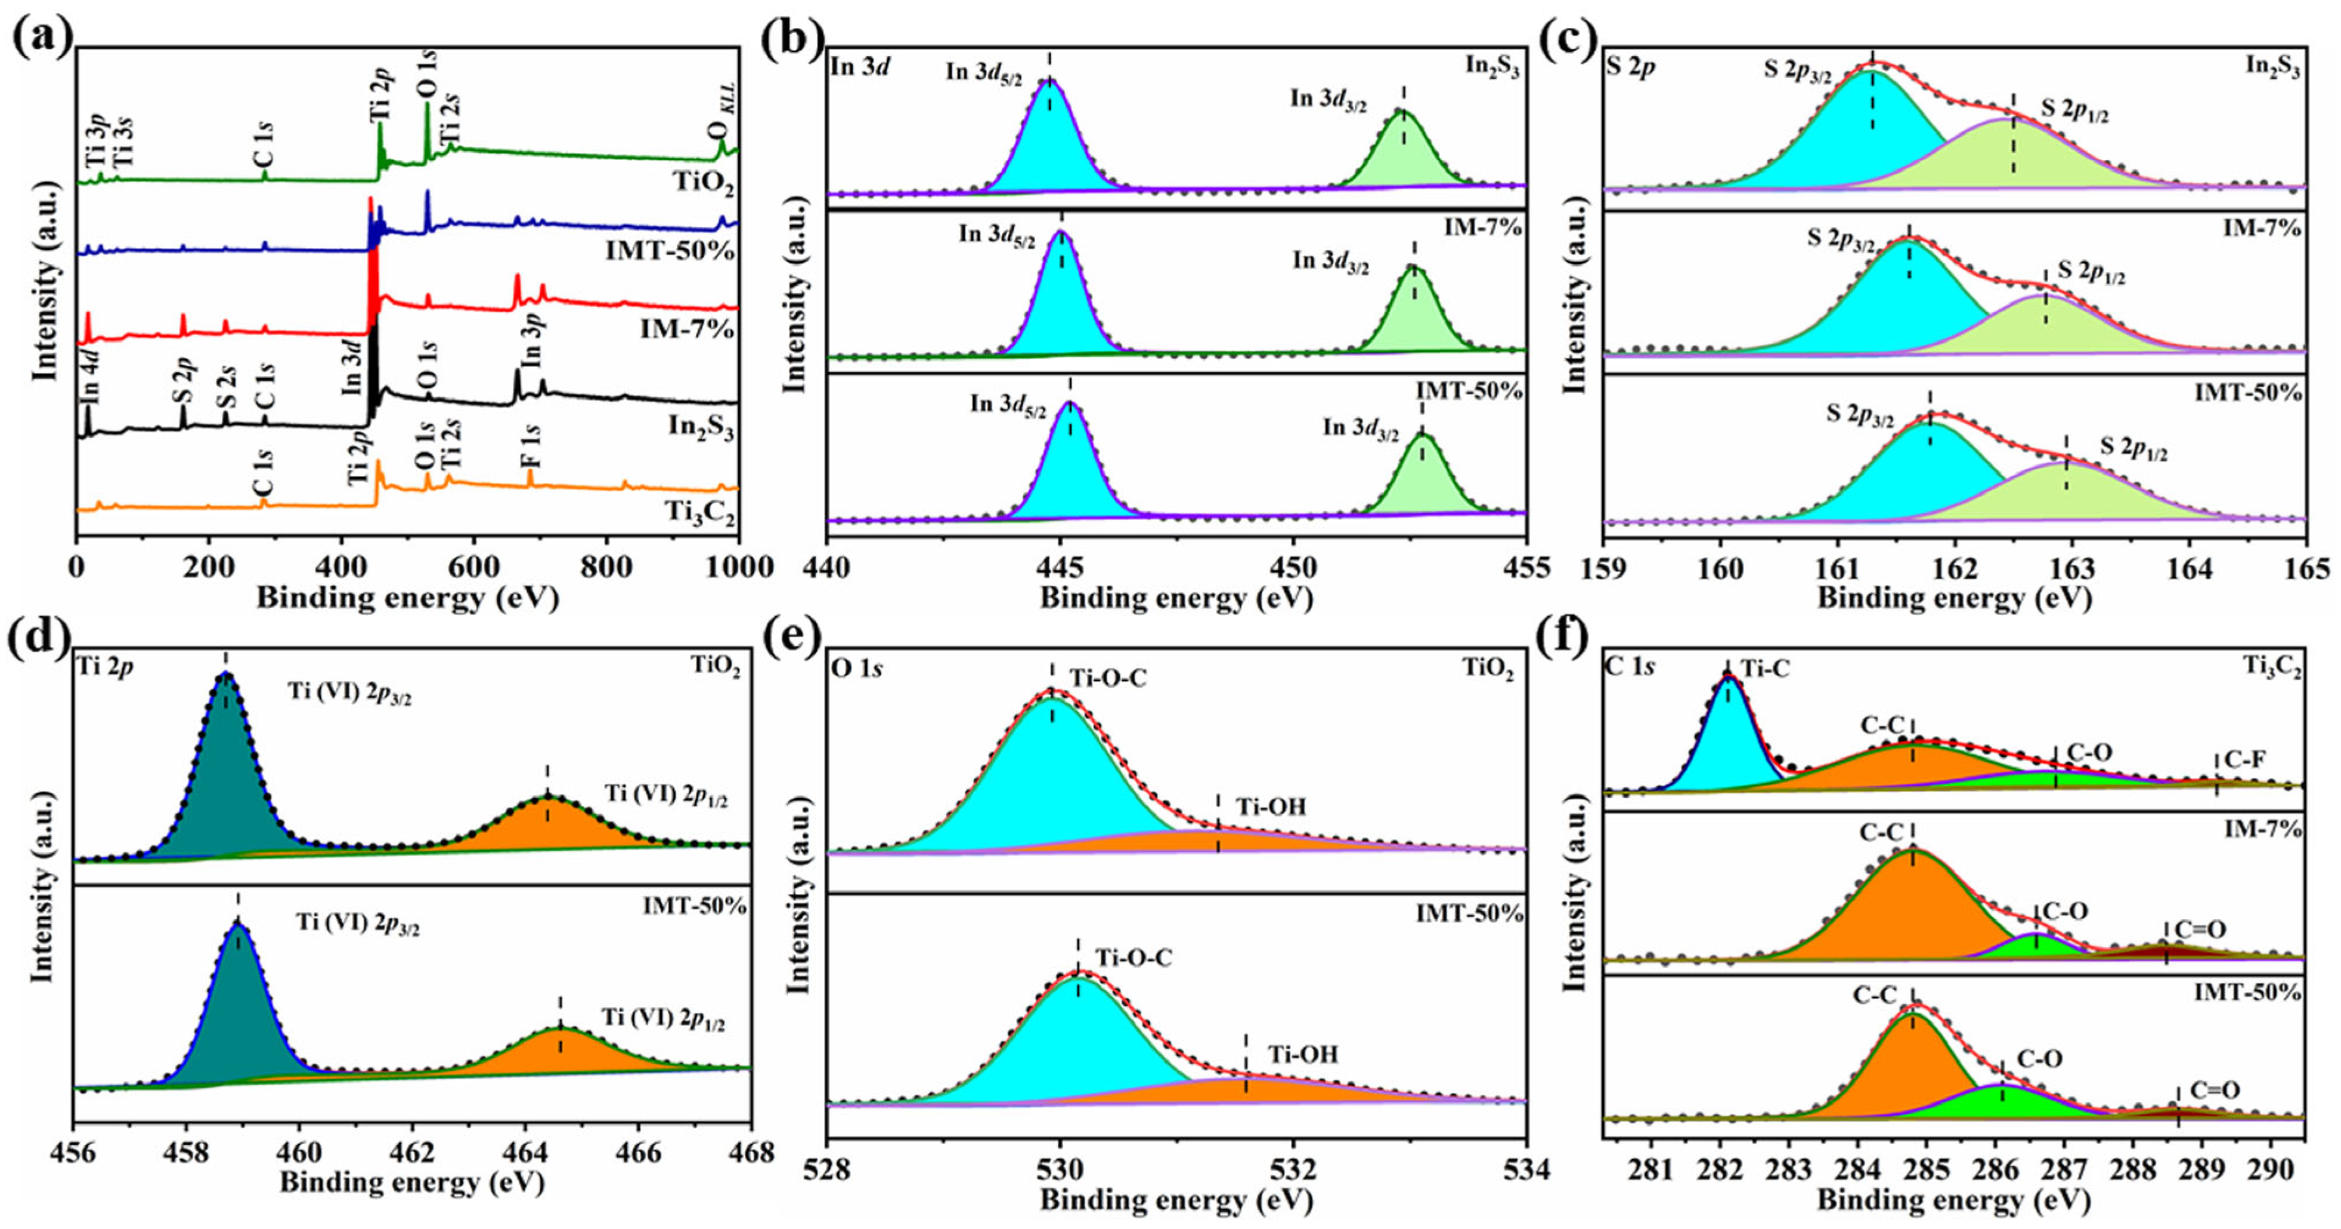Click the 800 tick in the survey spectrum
click(x=606, y=568)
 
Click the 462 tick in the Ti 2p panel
click(x=412, y=1153)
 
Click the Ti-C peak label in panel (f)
click(x=1765, y=669)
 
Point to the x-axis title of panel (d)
click(x=412, y=1182)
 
